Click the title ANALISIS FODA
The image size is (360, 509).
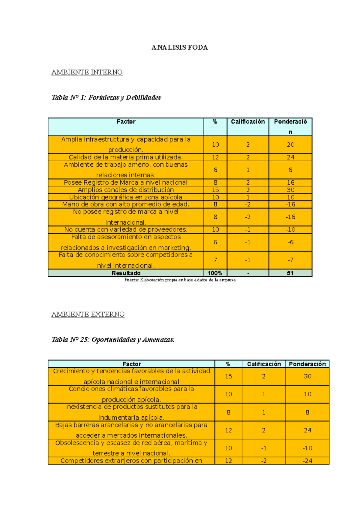[x=179, y=47]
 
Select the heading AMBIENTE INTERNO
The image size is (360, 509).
[x=87, y=72]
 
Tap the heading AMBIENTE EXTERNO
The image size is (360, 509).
[x=88, y=314]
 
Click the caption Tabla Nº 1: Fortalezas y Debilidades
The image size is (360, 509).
[x=106, y=97]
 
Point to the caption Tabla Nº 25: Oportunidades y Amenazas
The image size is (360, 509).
[x=113, y=340]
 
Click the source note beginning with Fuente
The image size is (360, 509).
[x=180, y=280]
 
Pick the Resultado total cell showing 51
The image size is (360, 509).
[x=290, y=273]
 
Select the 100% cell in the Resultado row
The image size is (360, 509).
[x=215, y=273]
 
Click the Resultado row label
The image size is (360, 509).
[x=126, y=273]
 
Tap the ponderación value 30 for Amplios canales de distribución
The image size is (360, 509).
[x=290, y=190]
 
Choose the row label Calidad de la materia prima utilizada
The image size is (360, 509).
[x=126, y=157]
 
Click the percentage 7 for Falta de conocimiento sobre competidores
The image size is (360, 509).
[x=215, y=260]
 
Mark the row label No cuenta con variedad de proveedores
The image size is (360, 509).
[x=126, y=230]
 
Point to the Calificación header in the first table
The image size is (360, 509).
[x=248, y=122]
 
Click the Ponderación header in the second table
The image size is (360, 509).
[x=307, y=364]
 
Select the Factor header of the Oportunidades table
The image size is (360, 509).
[x=132, y=364]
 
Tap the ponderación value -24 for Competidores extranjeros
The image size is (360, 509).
[x=307, y=461]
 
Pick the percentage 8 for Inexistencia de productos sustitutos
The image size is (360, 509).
[x=228, y=412]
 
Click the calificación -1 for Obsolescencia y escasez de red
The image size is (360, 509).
[x=264, y=448]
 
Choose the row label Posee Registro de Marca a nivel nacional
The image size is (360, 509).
[x=126, y=183]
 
